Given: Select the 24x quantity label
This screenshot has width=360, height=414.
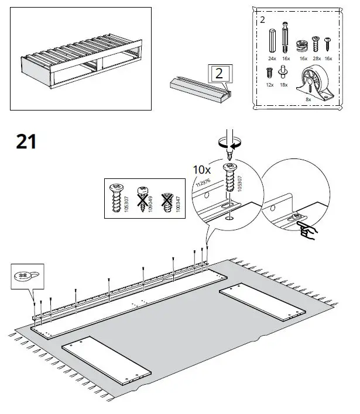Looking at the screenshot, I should (271, 58).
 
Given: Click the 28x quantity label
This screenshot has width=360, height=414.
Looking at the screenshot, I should (317, 58).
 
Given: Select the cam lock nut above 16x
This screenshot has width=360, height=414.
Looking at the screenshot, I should (303, 43).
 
